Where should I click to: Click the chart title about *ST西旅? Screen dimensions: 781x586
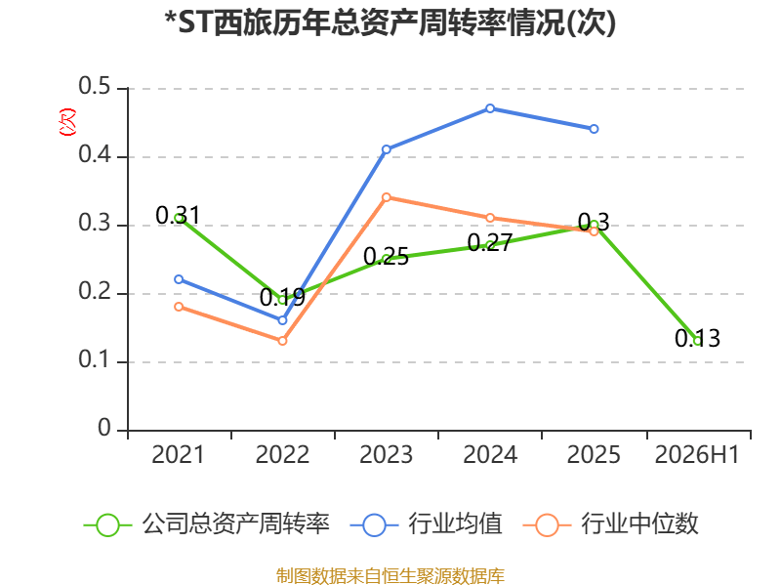(x=390, y=22)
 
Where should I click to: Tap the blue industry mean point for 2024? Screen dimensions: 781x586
(x=490, y=108)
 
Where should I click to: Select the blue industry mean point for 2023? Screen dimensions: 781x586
(x=386, y=149)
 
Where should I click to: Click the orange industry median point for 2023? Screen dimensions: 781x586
(x=386, y=197)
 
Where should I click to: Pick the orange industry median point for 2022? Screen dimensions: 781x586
(x=282, y=341)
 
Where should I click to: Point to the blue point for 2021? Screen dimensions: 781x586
(x=179, y=279)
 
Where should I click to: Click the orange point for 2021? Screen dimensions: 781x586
(x=179, y=307)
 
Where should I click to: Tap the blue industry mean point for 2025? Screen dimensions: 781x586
(x=594, y=129)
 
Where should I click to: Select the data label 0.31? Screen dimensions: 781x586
(x=178, y=215)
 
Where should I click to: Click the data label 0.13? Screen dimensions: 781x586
(x=697, y=338)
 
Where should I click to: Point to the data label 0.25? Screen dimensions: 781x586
(x=386, y=257)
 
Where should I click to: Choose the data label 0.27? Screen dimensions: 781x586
(x=490, y=243)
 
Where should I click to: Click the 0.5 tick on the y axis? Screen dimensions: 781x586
(x=94, y=86)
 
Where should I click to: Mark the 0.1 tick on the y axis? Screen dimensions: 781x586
(x=94, y=359)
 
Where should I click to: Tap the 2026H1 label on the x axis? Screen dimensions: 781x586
(x=697, y=454)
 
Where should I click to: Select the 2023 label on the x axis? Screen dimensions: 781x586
(x=386, y=454)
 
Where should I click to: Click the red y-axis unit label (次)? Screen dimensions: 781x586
(x=67, y=122)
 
